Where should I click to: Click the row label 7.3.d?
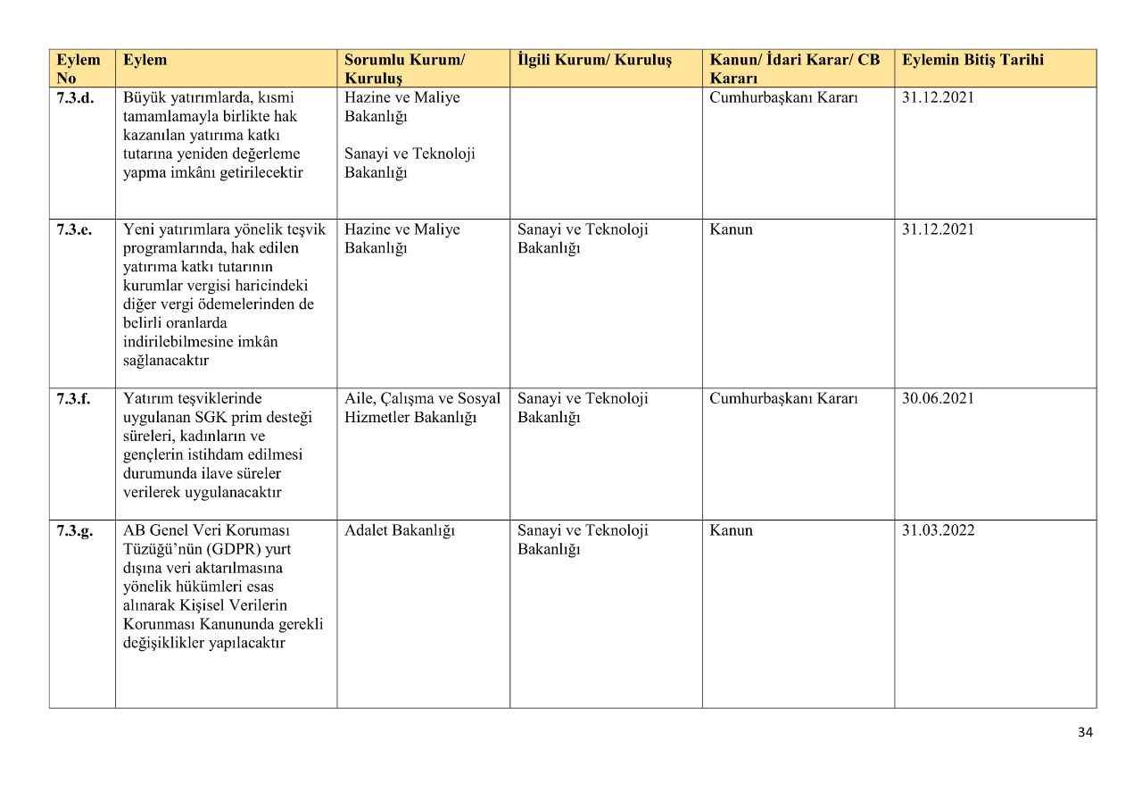pos(75,98)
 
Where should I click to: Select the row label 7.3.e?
pos(74,229)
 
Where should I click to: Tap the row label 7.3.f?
pos(73,398)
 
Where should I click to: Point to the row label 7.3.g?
pos(75,530)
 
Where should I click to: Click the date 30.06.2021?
pos(938,398)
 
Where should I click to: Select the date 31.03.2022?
pos(938,530)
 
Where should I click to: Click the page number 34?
pos(1085,732)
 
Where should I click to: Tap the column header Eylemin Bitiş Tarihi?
pos(972,61)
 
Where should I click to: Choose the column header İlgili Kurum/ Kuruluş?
pos(594,61)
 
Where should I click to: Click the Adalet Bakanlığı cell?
pos(399,530)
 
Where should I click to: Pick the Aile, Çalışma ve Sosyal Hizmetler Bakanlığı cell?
pos(422,408)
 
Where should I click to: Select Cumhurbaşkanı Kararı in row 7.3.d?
pos(783,98)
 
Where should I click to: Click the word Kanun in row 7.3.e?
pos(731,229)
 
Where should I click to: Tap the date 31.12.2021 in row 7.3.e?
pos(938,229)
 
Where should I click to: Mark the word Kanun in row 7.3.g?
pos(731,530)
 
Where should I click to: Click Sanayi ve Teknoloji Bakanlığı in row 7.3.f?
pos(583,408)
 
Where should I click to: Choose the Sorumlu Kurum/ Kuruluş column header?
pos(404,69)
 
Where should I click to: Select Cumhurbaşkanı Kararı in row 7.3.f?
pos(783,398)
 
